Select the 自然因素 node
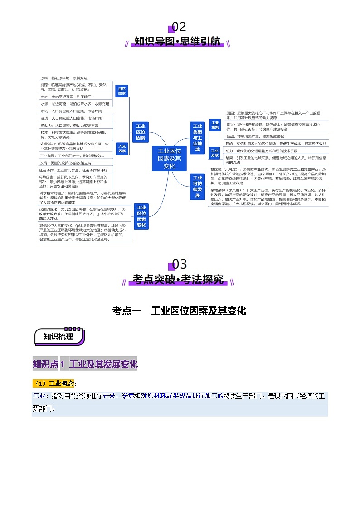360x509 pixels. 122,90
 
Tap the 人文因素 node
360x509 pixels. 122,148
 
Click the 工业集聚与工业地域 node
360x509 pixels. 197,138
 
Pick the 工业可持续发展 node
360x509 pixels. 197,186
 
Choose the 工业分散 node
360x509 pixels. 214,153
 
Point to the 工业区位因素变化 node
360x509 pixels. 141,217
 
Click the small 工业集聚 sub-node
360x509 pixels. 214,125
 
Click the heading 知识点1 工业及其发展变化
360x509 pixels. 85,364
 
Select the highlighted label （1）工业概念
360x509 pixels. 55,383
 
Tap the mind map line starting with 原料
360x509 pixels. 63,78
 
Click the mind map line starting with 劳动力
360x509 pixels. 69,125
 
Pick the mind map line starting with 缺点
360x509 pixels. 255,136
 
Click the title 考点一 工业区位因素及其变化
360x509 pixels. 179,311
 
